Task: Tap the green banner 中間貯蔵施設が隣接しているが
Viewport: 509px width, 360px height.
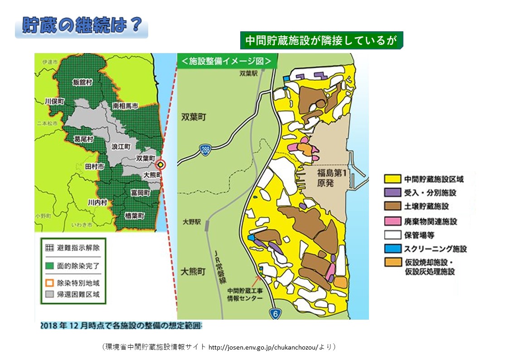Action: pos(321,40)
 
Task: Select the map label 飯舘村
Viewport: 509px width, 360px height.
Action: pos(82,82)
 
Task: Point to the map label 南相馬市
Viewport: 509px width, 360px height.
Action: pos(126,106)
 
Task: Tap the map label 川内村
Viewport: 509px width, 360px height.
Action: pos(97,202)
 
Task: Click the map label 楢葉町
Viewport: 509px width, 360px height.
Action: pos(136,216)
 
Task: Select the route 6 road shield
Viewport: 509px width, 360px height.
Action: pos(274,313)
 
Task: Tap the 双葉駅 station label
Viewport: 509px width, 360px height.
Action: pos(249,72)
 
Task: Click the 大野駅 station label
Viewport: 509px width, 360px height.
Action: pos(191,223)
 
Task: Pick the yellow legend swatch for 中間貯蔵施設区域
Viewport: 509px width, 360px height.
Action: pos(392,180)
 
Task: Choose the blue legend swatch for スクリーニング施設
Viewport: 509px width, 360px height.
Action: pos(392,248)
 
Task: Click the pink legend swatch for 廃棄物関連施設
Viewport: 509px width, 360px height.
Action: pos(392,221)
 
